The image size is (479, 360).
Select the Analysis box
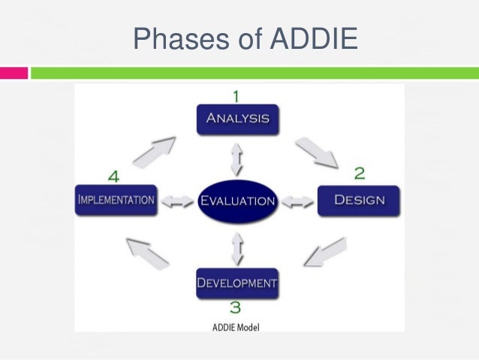pos(238,119)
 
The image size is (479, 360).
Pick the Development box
pos(237,283)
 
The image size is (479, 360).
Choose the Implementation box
pos(116,200)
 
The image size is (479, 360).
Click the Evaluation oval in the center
pos(237,201)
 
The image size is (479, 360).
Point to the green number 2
pos(360,174)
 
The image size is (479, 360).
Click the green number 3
pos(235,307)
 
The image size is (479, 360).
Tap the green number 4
pos(113,176)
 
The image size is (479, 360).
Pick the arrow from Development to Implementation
pos(147,253)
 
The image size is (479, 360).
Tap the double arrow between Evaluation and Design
pos(297,201)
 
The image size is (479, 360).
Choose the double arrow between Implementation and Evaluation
pos(177,201)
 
